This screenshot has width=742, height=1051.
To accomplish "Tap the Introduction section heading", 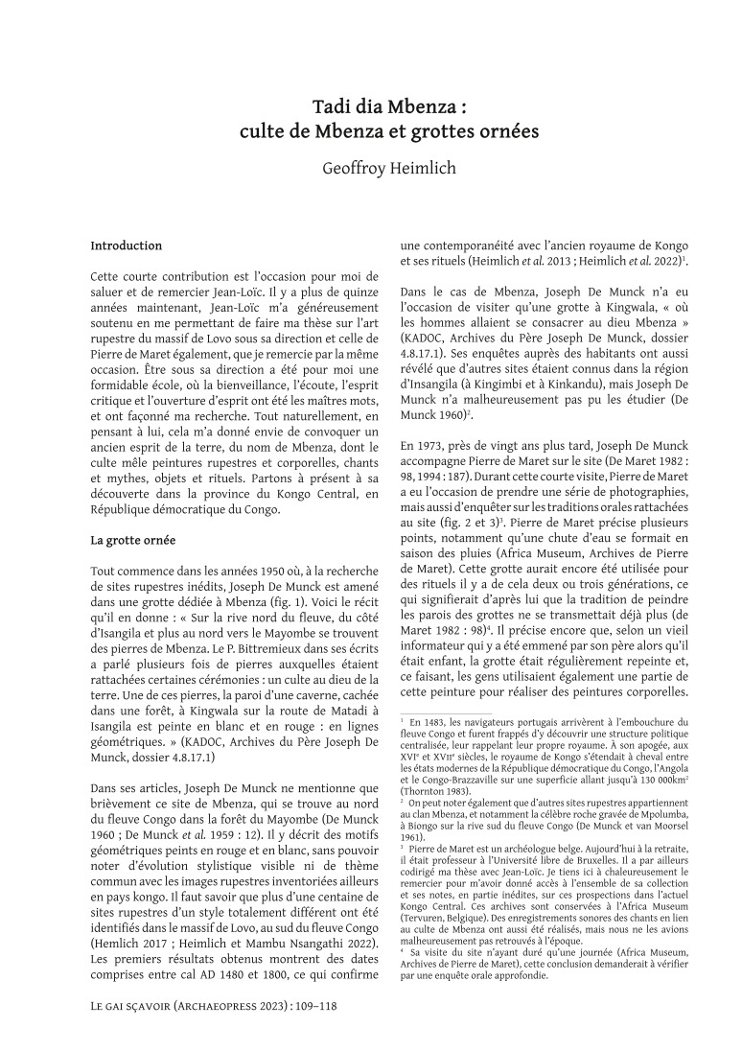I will pyautogui.click(x=127, y=246).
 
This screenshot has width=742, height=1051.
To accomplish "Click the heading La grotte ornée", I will pyautogui.click(x=132, y=540).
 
